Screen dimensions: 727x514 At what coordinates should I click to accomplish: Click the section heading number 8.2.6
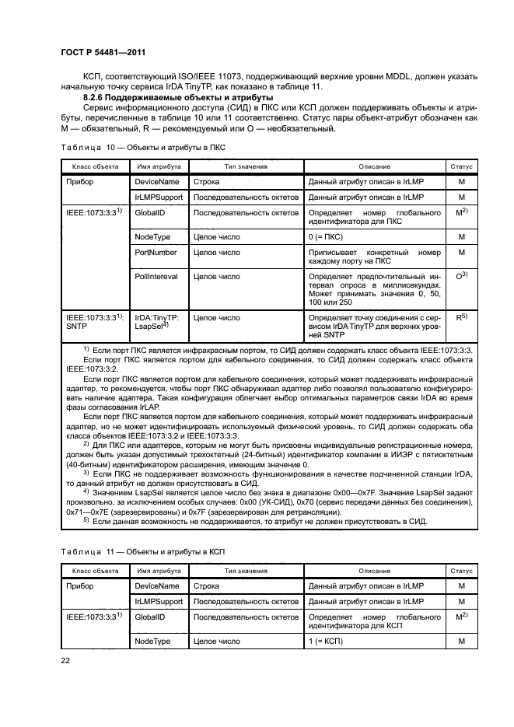click(x=96, y=97)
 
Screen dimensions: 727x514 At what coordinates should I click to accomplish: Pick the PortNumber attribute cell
click(x=156, y=253)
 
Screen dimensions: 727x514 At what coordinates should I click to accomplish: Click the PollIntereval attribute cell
click(x=156, y=276)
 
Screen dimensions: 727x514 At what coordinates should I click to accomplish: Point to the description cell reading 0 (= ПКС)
click(x=329, y=236)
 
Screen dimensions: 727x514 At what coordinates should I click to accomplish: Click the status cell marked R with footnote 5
click(x=461, y=318)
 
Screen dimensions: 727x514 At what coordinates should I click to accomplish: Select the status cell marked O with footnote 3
click(x=461, y=275)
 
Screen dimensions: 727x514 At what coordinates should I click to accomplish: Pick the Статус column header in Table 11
click(x=461, y=571)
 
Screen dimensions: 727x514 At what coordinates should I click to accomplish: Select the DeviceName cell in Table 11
click(x=157, y=585)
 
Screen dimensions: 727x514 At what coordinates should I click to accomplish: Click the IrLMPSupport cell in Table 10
click(x=159, y=197)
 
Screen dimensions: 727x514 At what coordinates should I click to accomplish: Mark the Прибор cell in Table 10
click(x=79, y=181)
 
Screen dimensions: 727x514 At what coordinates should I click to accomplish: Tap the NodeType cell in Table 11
click(x=153, y=641)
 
